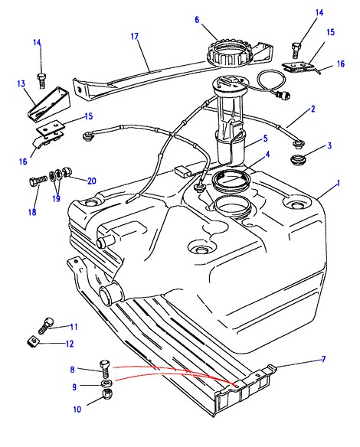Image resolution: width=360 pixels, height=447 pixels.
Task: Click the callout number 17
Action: (135, 37)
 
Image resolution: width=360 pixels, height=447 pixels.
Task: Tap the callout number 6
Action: (197, 20)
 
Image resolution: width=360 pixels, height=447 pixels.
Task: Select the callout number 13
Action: (21, 83)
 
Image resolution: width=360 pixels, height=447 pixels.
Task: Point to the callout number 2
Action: (313, 109)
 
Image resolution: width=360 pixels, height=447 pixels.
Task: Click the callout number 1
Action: (339, 183)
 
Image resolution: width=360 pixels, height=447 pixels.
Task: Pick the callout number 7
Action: (323, 359)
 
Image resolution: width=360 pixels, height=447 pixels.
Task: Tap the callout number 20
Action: (92, 181)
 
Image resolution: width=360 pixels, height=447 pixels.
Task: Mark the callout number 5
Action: (266, 139)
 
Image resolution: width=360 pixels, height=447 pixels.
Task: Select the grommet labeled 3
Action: (298, 158)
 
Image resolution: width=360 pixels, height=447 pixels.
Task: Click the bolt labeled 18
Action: (38, 181)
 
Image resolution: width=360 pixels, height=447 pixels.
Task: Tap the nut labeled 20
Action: (68, 172)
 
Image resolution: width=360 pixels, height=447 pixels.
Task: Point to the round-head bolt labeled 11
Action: (46, 325)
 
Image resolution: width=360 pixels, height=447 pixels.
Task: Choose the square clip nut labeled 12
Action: (34, 341)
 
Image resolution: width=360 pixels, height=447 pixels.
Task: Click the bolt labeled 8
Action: (105, 369)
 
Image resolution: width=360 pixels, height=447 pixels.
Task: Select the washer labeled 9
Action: (106, 383)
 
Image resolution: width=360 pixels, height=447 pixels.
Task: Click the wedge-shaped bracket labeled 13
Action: (49, 103)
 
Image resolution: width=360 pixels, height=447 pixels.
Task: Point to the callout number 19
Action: (57, 198)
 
